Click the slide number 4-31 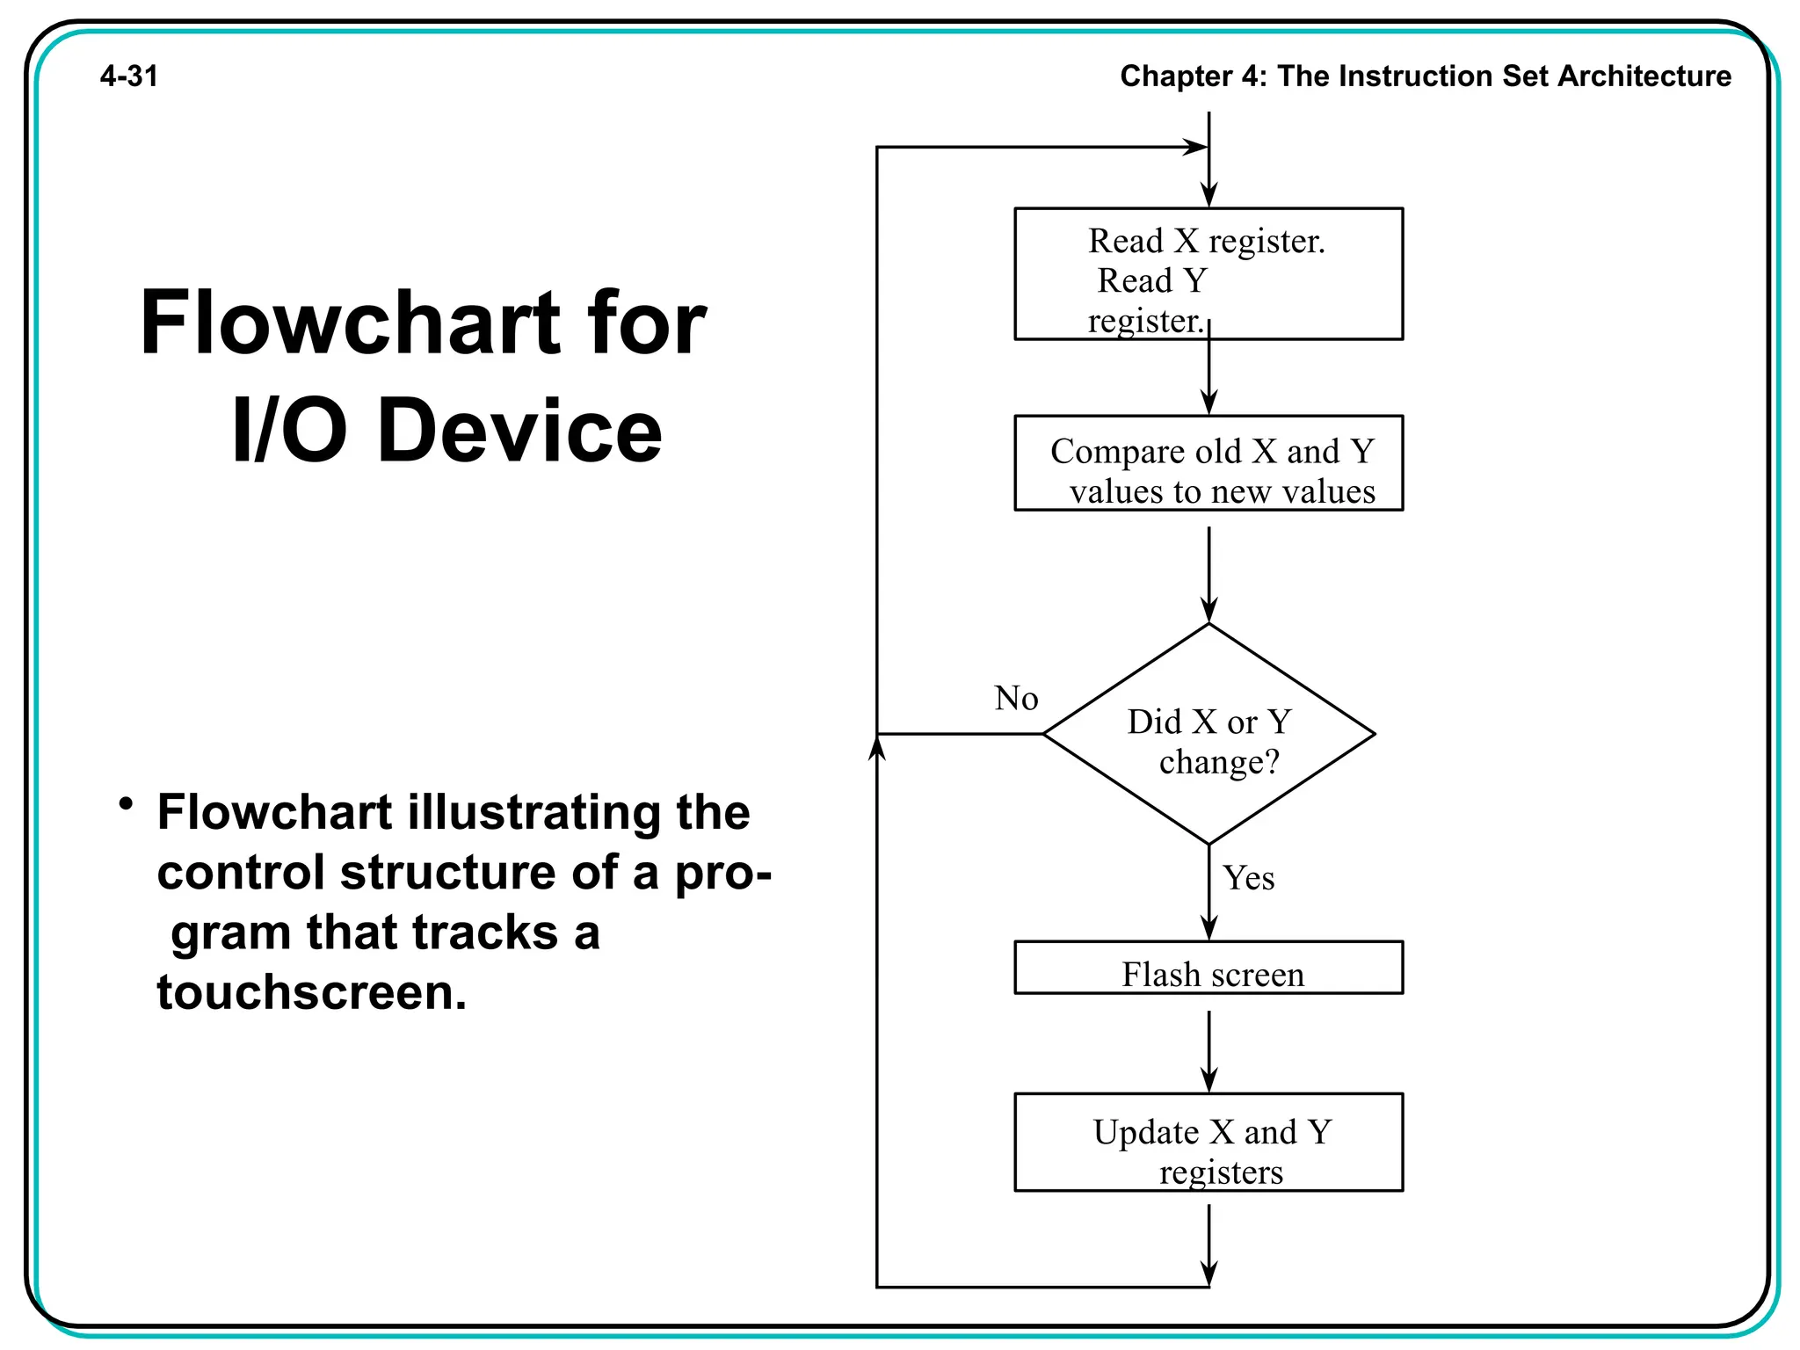(129, 76)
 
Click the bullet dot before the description (127, 803)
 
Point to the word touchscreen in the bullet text (311, 993)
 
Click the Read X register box (1208, 274)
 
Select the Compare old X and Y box (1208, 463)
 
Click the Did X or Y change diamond (1208, 735)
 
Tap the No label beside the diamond (1016, 699)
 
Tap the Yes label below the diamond (1248, 878)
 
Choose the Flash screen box (1208, 969)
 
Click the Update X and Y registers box (1208, 1143)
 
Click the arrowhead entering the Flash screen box (1208, 929)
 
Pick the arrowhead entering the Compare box (1208, 403)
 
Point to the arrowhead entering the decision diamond (1208, 611)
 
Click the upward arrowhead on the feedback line (876, 747)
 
